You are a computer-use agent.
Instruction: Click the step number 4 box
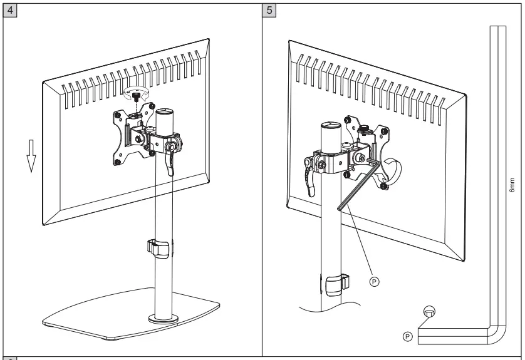pos(9,12)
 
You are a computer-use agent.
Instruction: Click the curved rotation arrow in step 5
pos(395,172)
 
